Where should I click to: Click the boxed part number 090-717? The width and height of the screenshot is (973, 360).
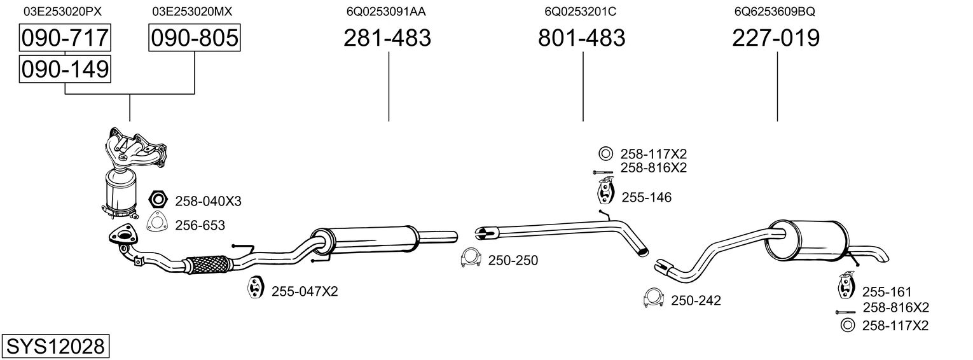tap(65, 38)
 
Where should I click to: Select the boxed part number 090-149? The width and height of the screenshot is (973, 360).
tap(65, 69)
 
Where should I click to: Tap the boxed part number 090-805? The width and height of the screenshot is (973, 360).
tap(195, 38)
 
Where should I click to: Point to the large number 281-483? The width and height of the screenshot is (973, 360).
tap(387, 38)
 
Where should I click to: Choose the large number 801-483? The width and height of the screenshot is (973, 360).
tap(581, 38)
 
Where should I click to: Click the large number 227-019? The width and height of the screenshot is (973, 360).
tap(776, 38)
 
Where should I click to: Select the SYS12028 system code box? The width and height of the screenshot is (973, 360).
tap(55, 347)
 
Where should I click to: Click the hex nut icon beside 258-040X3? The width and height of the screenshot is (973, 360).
tap(157, 200)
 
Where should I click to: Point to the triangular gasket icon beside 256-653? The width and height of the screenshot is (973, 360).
tap(156, 224)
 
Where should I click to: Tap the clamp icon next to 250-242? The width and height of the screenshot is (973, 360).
tap(653, 298)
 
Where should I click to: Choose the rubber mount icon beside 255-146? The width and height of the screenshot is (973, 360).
tap(605, 192)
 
